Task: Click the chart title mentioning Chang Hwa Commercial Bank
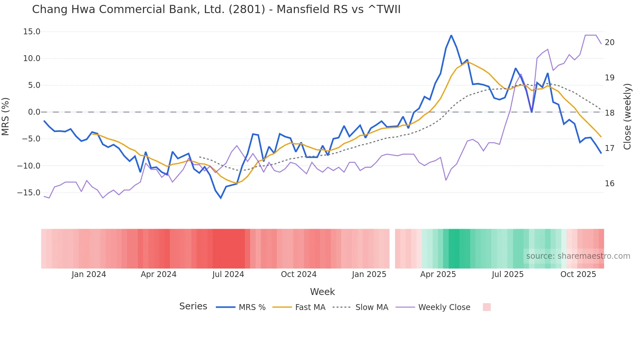tap(216, 9)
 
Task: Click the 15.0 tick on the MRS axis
tap(32, 32)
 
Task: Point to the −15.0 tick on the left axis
tap(29, 192)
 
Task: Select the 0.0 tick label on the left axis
tap(34, 112)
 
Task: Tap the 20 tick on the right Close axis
tap(609, 42)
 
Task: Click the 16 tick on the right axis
tap(609, 184)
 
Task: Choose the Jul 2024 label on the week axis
tap(228, 274)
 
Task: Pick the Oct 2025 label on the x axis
tap(578, 274)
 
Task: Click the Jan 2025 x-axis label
tap(369, 274)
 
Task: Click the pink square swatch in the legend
tap(487, 307)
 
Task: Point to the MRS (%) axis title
tap(6, 117)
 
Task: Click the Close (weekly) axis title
tap(627, 117)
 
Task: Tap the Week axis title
tap(322, 292)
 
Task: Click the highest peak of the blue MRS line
tap(451, 35)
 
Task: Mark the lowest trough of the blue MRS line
tap(221, 198)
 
